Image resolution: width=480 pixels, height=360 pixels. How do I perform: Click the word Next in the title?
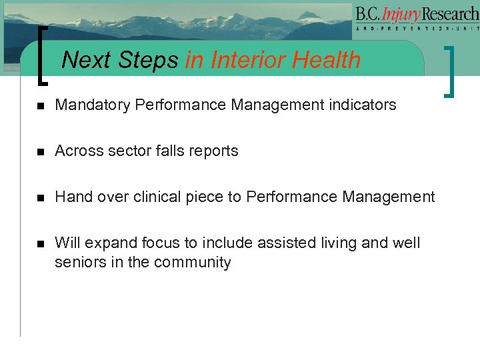click(x=87, y=61)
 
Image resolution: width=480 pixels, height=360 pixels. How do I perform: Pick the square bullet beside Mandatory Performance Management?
click(x=40, y=105)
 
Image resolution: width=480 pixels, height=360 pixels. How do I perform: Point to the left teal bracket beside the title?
click(x=44, y=56)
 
